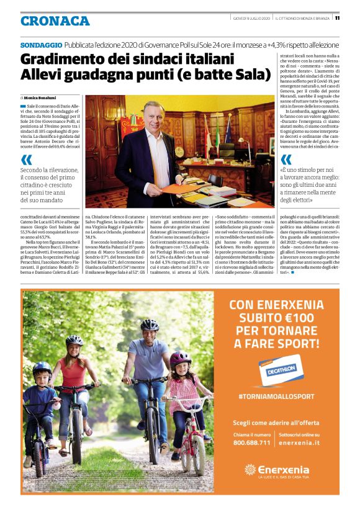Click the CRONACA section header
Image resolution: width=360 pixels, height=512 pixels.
point(55,21)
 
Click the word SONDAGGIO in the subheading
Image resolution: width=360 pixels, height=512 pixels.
point(41,45)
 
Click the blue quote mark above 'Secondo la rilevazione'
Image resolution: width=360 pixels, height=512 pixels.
point(26,159)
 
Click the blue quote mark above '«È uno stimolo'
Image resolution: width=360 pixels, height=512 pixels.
point(286,159)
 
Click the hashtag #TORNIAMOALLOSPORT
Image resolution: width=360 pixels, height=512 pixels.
point(276,395)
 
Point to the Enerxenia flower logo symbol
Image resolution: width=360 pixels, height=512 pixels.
point(250,470)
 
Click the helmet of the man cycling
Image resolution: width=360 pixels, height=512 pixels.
point(150,324)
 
